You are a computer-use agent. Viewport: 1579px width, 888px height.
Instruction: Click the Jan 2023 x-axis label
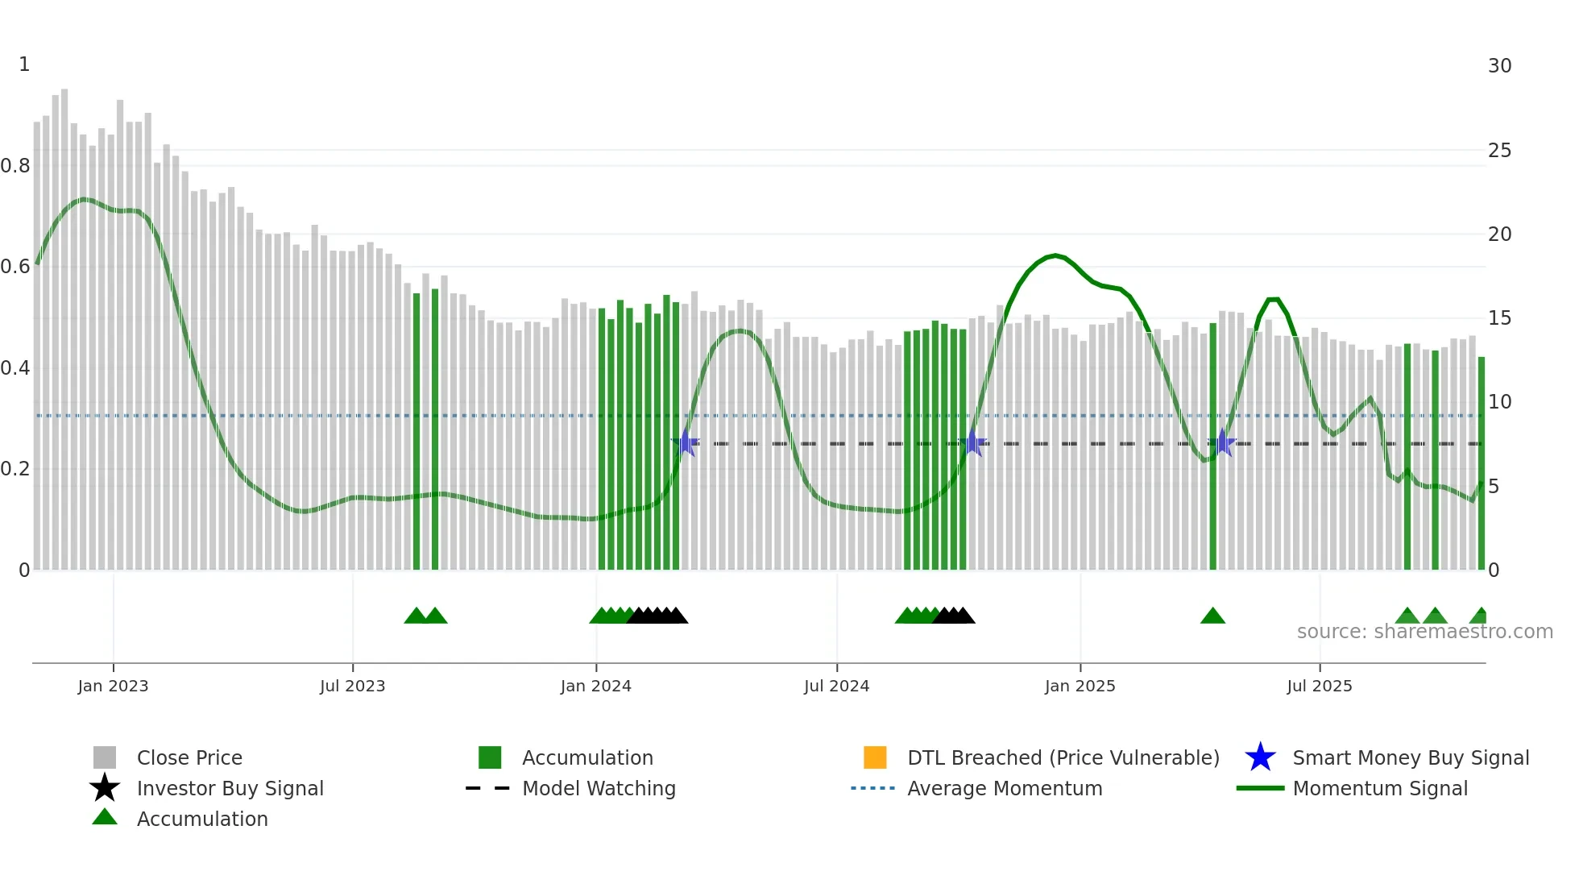coord(113,686)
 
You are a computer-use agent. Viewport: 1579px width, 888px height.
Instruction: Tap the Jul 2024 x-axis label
coord(836,686)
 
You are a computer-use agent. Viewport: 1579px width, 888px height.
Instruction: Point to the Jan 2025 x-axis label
coord(1080,686)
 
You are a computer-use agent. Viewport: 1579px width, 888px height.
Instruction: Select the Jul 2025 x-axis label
coord(1319,686)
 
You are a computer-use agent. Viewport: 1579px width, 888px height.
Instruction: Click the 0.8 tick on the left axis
coord(15,166)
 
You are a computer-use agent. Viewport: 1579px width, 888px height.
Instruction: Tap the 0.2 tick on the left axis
coord(15,469)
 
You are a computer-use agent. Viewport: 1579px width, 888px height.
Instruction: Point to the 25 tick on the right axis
coord(1499,151)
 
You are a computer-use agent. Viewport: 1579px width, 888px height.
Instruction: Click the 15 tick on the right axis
coord(1499,318)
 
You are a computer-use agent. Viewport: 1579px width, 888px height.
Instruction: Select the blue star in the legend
coord(1260,757)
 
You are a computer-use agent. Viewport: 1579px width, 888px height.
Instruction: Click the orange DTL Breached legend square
coord(875,757)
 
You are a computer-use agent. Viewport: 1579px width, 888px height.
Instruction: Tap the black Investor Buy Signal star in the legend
coord(105,788)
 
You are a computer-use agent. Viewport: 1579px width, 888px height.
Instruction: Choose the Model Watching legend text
coord(599,788)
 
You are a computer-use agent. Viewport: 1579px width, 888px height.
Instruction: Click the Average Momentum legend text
coord(1005,788)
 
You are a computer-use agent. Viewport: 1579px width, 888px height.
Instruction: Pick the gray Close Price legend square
coord(105,757)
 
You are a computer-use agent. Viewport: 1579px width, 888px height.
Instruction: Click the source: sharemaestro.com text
coord(1424,632)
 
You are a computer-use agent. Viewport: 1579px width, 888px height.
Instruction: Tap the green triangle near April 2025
coord(1212,616)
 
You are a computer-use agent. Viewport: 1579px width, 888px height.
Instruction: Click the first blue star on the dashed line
coord(685,443)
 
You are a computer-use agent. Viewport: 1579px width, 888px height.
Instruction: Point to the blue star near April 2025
coord(1222,443)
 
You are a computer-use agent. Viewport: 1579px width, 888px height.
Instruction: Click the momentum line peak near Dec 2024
coord(1055,255)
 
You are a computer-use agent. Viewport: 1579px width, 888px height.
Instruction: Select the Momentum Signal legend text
coord(1380,788)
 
